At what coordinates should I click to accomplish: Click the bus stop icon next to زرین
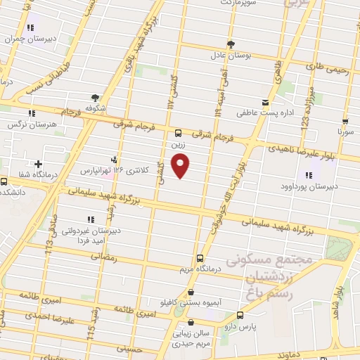pos(178,131)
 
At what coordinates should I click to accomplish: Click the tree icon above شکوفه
pos(95,98)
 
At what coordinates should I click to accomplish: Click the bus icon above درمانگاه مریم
pos(200,258)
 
